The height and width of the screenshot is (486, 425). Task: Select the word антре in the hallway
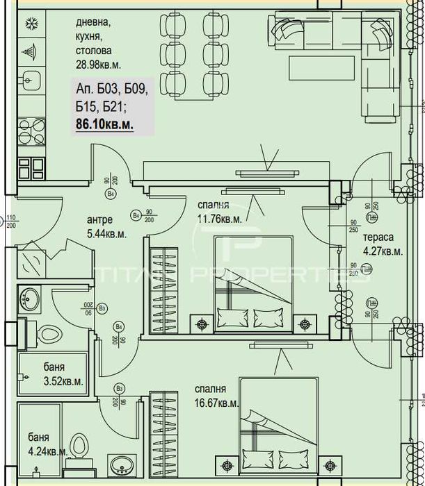click(x=99, y=220)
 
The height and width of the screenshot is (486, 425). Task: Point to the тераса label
click(x=376, y=237)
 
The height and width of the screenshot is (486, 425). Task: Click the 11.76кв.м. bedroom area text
click(x=218, y=219)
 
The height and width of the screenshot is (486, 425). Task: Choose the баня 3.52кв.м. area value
click(x=63, y=381)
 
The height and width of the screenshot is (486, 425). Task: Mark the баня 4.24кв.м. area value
click(x=48, y=451)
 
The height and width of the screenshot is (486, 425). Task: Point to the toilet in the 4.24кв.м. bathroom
click(x=79, y=447)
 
